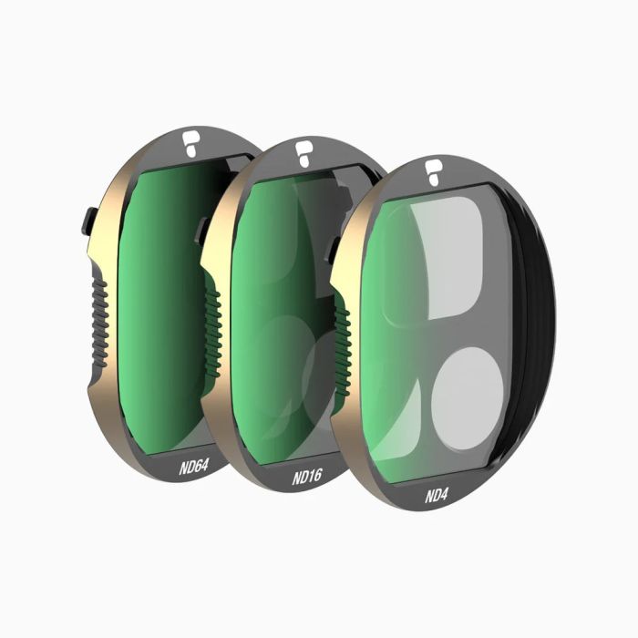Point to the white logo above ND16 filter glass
click(304, 153)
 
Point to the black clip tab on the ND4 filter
click(334, 245)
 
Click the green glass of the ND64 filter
click(164, 301)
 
